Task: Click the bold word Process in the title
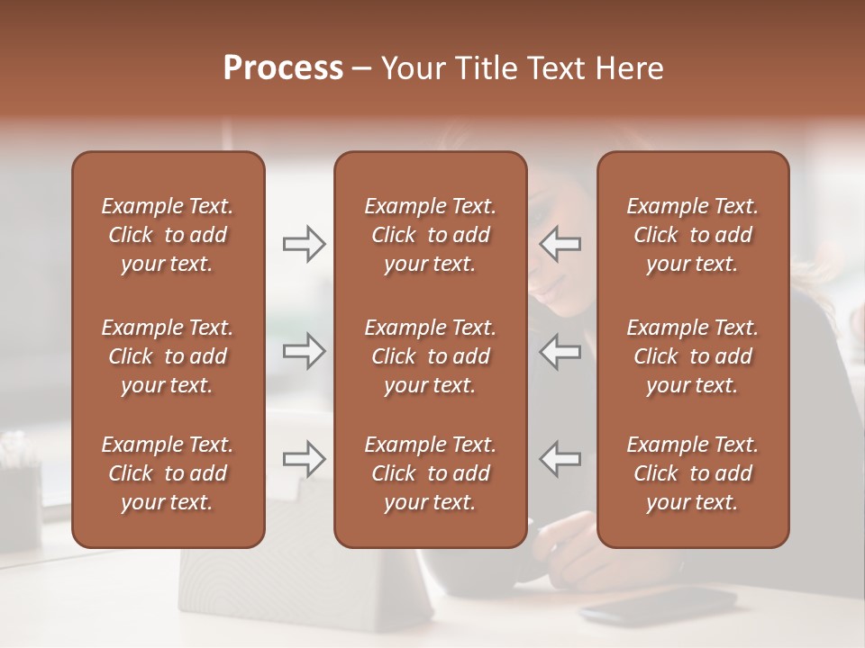tap(283, 68)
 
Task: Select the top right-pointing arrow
tap(305, 243)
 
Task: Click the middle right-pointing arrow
tap(305, 351)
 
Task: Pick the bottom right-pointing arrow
tap(305, 459)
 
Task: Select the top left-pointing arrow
tap(560, 243)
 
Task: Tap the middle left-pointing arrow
tap(560, 351)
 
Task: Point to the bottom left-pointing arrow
tap(560, 459)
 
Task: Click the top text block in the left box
tap(168, 235)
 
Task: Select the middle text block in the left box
tap(168, 356)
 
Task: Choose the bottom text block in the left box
tap(168, 473)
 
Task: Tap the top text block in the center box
tap(431, 235)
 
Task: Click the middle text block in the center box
tap(431, 356)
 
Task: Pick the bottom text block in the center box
tap(431, 473)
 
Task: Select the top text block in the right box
tap(693, 235)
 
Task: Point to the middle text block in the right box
tap(693, 356)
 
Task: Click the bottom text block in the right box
tap(693, 473)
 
